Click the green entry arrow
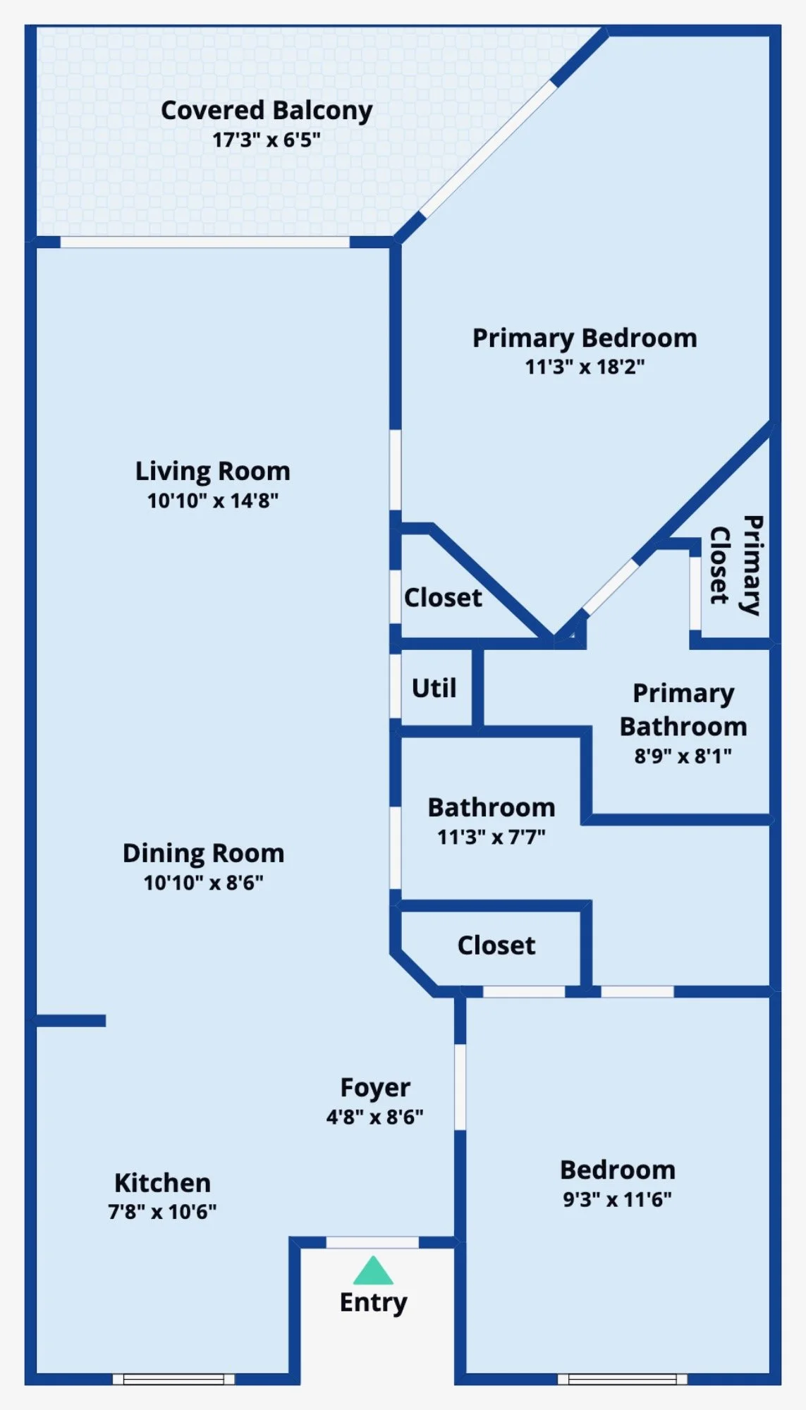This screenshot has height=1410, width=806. (x=373, y=1270)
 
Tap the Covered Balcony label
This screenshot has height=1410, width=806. (x=267, y=111)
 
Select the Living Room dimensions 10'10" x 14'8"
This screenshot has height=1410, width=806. (x=213, y=501)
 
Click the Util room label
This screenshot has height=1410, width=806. (x=434, y=687)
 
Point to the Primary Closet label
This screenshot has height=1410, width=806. (x=735, y=565)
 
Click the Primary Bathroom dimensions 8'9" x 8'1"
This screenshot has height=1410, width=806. (x=683, y=756)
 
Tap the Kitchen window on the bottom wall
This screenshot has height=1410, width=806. (x=173, y=1379)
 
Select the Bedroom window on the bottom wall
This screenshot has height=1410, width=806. (x=622, y=1379)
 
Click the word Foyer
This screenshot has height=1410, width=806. (x=375, y=1088)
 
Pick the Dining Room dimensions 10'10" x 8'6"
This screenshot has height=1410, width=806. (x=203, y=883)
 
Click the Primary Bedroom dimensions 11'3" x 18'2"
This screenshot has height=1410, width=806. (x=585, y=367)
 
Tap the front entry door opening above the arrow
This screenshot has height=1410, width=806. (x=372, y=1242)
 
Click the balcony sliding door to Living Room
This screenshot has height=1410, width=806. (x=204, y=242)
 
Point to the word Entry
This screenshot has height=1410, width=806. (x=373, y=1303)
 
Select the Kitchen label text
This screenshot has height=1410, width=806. (x=162, y=1182)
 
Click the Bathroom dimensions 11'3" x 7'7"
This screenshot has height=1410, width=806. (x=491, y=837)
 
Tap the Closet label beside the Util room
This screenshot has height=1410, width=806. (x=443, y=598)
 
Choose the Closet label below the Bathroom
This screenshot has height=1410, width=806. (x=496, y=945)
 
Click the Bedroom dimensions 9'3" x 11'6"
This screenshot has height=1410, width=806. (x=617, y=1199)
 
